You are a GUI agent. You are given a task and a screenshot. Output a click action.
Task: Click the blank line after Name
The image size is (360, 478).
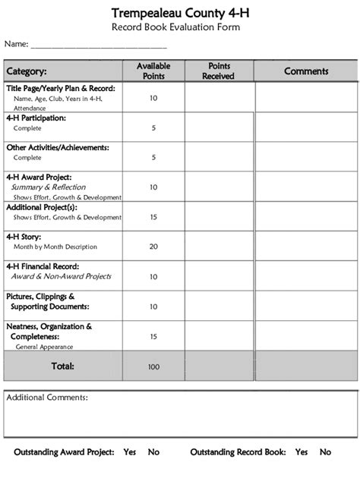98,46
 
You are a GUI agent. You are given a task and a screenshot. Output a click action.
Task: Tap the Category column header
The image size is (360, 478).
27,71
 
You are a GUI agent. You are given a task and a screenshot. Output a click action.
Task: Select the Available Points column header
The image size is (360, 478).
153,71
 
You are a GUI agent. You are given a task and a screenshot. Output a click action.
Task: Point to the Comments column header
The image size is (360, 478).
306,71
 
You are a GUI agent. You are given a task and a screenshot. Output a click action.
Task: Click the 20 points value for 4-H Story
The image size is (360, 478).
153,247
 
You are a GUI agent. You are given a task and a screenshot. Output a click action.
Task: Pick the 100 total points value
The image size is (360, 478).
153,366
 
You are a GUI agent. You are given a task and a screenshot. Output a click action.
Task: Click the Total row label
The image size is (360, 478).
62,366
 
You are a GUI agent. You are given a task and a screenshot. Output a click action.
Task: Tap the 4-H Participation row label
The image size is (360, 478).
36,118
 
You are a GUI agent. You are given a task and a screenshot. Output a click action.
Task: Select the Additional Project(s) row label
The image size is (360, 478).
42,206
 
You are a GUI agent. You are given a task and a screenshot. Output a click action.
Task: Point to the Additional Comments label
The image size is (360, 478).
47,398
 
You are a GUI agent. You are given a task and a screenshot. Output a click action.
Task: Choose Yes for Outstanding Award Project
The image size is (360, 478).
130,452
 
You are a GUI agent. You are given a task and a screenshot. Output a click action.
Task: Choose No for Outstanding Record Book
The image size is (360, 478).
325,452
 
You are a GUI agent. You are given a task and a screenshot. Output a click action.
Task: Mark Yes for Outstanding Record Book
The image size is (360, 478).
302,452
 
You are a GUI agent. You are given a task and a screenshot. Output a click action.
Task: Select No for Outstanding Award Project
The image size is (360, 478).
153,452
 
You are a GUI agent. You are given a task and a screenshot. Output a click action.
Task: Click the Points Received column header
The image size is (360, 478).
219,71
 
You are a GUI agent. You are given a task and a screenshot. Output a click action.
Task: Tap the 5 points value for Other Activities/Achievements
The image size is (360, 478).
153,158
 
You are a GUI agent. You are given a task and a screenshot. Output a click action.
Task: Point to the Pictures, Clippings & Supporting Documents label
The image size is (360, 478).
48,301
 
